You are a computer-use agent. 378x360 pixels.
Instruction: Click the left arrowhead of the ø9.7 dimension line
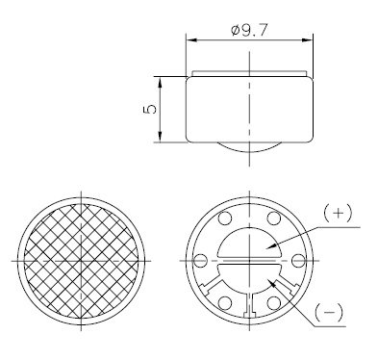point(189,40)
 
